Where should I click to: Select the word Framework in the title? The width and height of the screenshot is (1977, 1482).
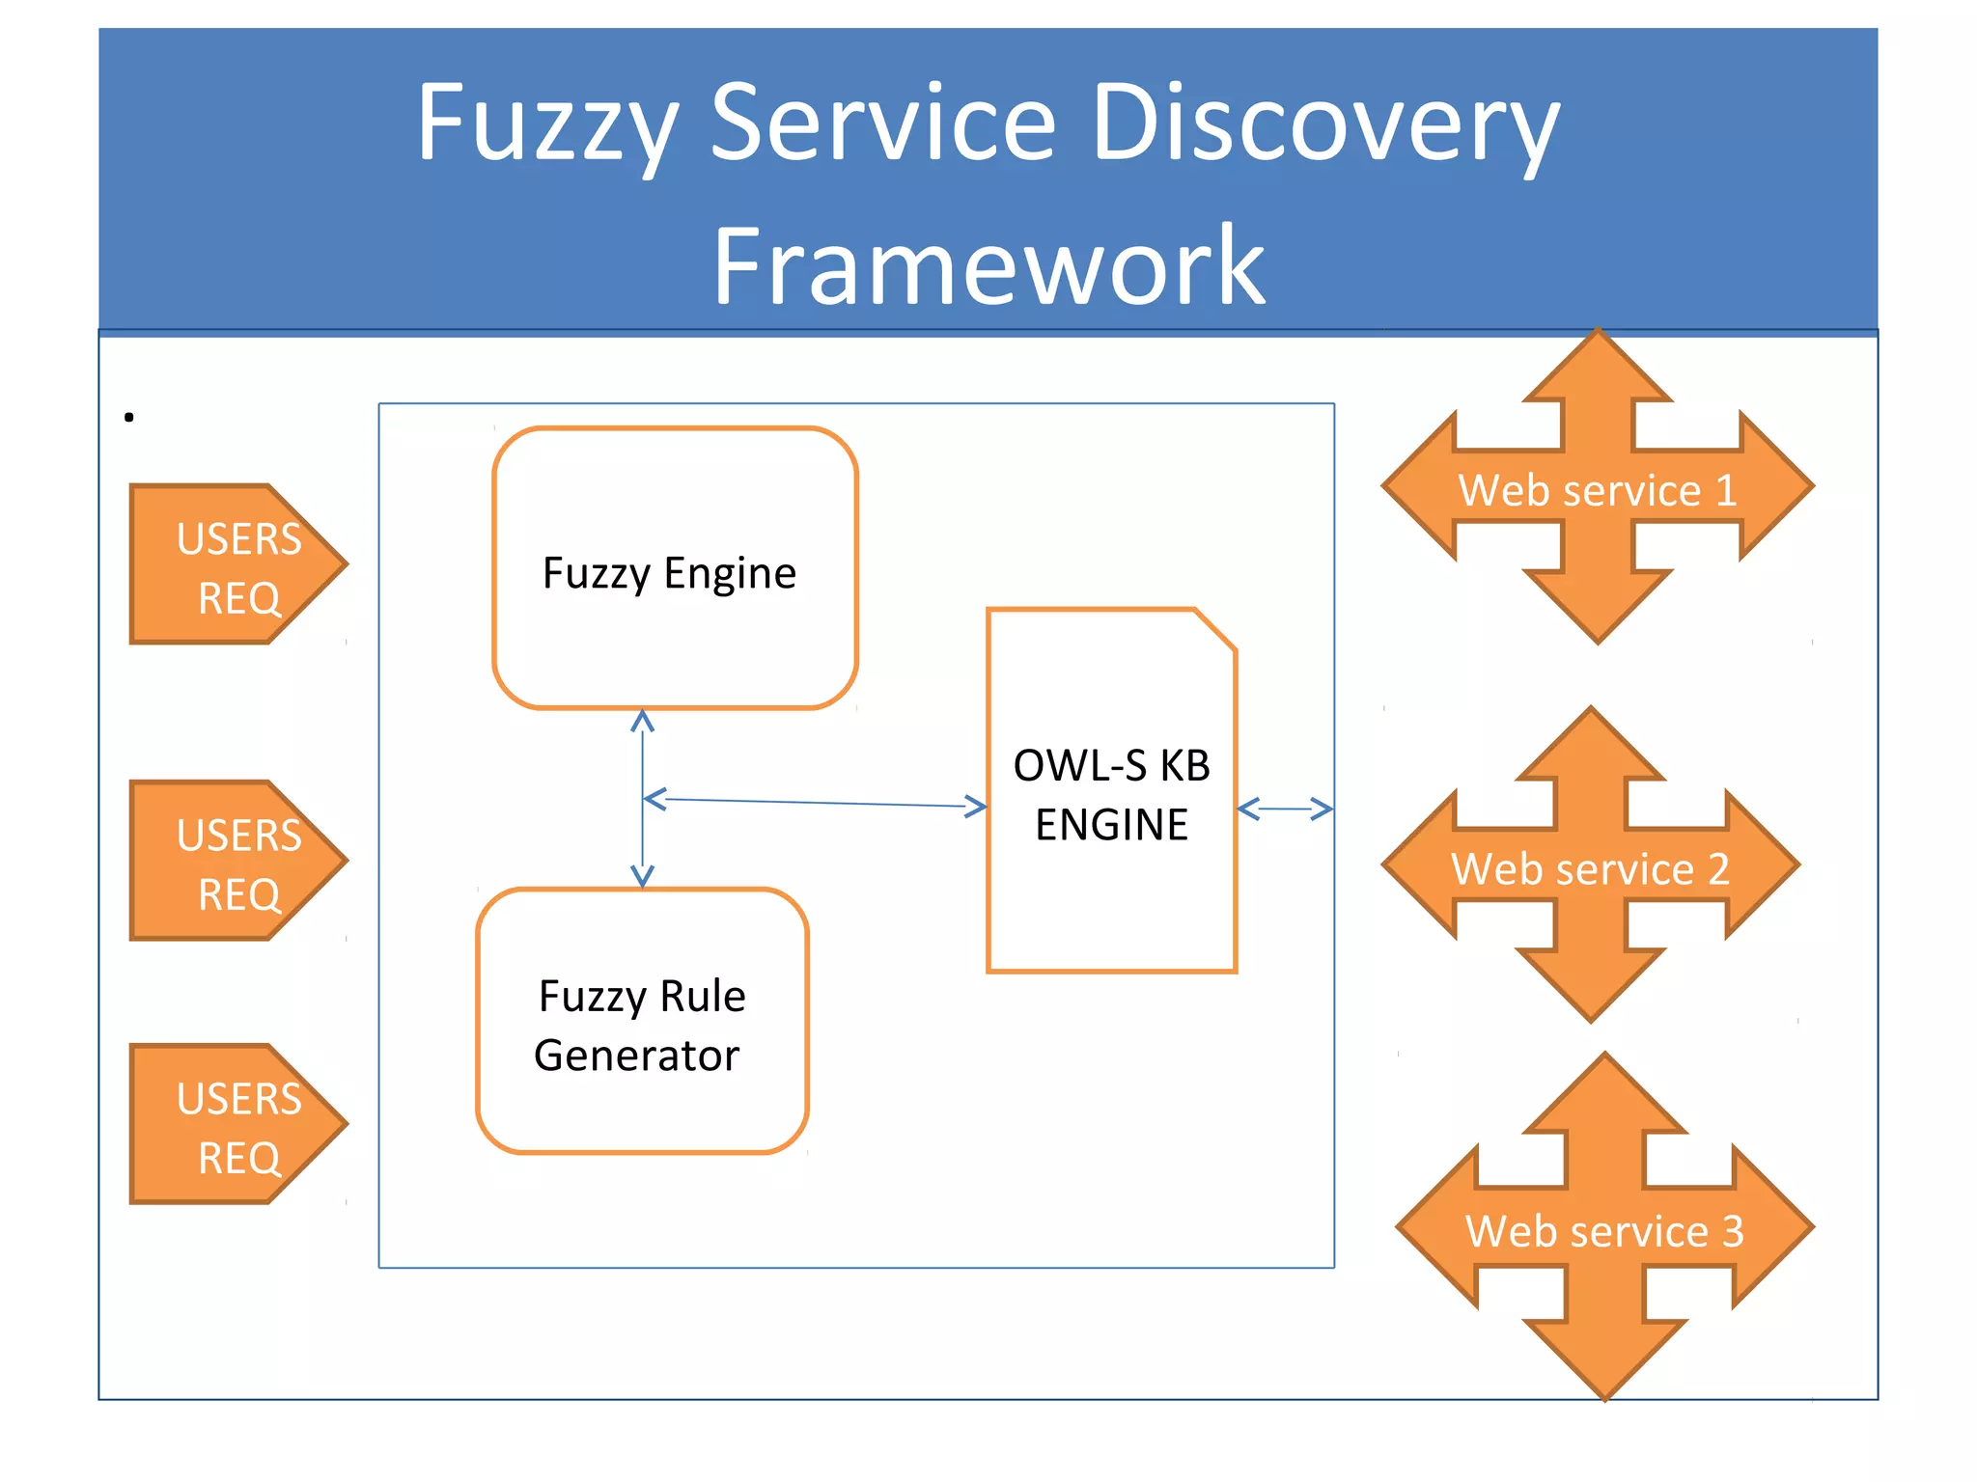tap(988, 265)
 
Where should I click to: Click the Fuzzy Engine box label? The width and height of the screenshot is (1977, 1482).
tap(669, 573)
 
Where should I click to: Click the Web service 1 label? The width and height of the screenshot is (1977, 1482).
tap(1597, 490)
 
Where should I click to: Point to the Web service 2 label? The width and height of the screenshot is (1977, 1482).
tap(1590, 868)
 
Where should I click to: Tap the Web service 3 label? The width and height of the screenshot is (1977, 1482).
tap(1604, 1231)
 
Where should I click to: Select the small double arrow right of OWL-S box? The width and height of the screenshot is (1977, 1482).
tap(1285, 809)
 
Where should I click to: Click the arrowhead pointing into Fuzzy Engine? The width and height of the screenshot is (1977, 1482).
tap(642, 719)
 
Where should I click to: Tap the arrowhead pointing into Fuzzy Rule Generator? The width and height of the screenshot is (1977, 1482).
tap(642, 878)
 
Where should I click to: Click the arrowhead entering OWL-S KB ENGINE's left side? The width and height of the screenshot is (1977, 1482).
tap(977, 806)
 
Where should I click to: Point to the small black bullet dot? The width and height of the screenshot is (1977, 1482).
tap(128, 417)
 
